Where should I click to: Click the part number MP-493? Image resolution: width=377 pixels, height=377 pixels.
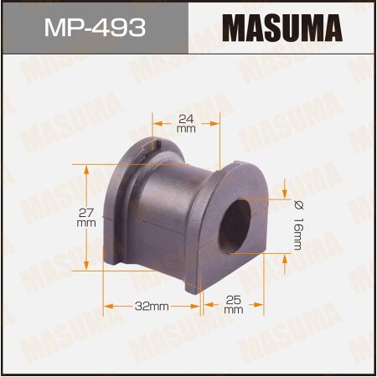point(93,27)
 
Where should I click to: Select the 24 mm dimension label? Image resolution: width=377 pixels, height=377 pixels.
point(186,122)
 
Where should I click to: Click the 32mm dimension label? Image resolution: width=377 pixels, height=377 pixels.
point(152,307)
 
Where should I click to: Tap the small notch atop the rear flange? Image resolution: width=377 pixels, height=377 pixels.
point(157,146)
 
